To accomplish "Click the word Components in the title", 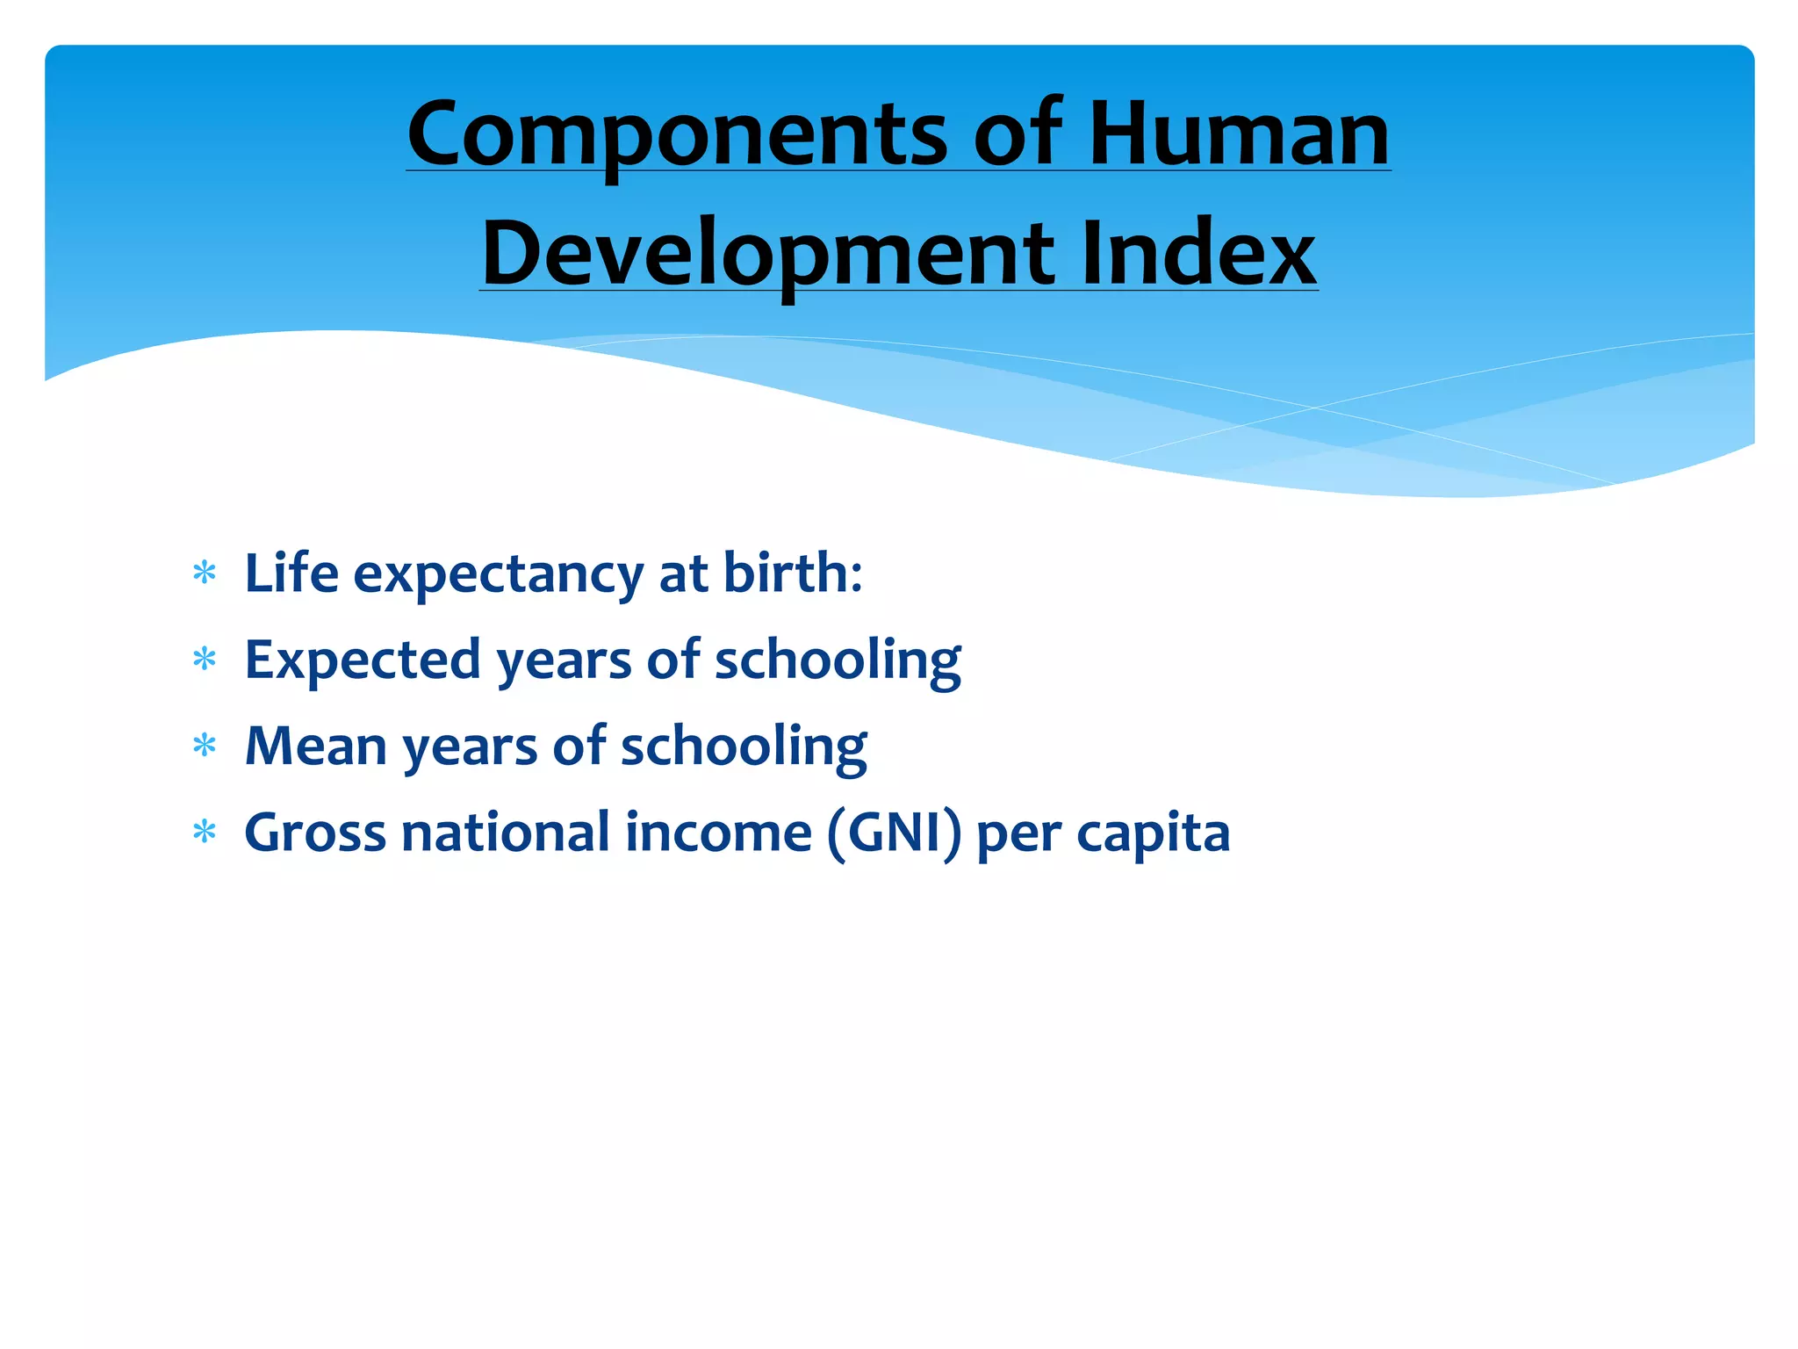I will tap(677, 133).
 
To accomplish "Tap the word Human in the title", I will tap(1239, 133).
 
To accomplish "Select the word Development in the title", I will tap(767, 254).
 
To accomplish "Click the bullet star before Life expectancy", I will tap(205, 574).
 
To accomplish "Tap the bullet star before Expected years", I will tap(205, 660).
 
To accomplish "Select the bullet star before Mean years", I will tap(205, 747).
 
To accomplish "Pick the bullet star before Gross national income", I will tap(205, 833).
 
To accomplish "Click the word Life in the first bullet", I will tap(291, 573).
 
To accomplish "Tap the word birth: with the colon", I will tap(793, 573).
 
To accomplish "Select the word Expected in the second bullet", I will tap(363, 660).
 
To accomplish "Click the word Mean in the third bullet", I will tap(316, 747).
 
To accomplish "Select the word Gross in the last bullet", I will tap(314, 833).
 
